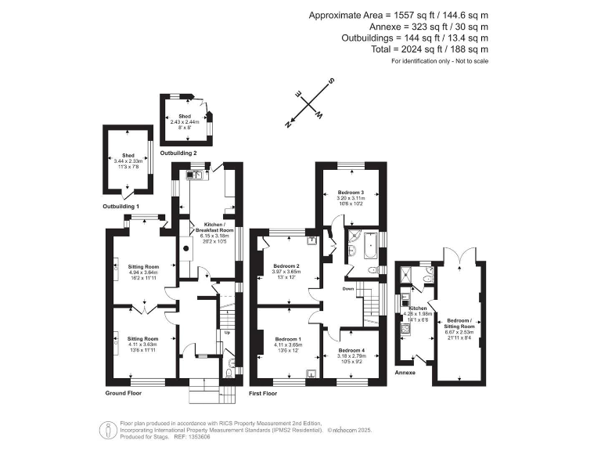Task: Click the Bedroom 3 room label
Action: [351, 193]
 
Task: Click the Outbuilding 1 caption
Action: [121, 206]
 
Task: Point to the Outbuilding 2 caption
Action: [178, 153]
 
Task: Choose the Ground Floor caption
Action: [124, 392]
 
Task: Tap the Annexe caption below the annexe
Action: [405, 373]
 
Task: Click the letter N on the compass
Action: [289, 124]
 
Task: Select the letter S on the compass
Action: [332, 81]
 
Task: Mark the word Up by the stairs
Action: [228, 332]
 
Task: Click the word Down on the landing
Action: [350, 289]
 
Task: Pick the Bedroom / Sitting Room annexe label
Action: [459, 323]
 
